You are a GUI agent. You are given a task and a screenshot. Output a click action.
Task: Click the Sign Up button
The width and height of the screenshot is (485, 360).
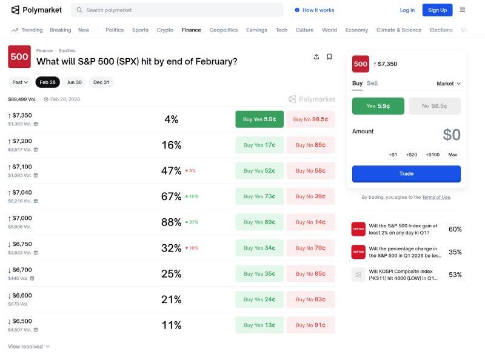tap(437, 10)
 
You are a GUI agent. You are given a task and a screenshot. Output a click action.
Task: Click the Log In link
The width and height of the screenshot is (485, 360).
tap(407, 10)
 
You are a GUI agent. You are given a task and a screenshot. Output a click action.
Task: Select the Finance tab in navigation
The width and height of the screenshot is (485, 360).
tap(191, 30)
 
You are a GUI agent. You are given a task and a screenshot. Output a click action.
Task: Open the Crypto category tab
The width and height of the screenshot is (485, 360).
tap(165, 30)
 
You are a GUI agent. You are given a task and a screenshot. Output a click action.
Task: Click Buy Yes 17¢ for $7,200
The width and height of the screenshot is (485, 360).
tap(259, 145)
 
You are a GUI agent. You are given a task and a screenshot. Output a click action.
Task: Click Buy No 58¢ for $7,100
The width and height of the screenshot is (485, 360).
tap(310, 171)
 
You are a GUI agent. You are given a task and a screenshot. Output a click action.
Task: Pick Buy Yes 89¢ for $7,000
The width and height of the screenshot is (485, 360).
tap(259, 222)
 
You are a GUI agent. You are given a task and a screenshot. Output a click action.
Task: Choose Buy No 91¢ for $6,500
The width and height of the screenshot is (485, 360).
tap(310, 325)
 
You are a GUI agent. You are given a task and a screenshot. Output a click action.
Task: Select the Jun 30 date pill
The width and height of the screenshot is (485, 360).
tap(74, 82)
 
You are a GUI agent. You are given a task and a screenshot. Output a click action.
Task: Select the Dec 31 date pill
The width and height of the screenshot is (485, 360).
tap(101, 82)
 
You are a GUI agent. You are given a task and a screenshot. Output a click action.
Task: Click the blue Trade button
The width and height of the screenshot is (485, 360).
tap(406, 173)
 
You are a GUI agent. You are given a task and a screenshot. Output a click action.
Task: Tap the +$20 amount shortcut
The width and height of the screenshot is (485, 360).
tap(412, 155)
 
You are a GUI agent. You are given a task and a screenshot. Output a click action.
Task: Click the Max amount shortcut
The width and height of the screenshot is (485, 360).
tap(452, 155)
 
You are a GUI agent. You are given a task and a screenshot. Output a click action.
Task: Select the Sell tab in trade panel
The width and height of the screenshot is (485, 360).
tap(372, 83)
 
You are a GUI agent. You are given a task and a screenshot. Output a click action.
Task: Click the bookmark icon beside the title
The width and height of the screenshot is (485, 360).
tap(329, 57)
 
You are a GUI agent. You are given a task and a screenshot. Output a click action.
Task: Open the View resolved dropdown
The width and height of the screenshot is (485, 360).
tap(28, 347)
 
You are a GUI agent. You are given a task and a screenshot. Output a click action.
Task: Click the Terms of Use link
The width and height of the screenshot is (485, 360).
tap(436, 197)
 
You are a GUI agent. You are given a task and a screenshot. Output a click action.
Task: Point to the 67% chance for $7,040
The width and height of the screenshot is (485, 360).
tap(172, 196)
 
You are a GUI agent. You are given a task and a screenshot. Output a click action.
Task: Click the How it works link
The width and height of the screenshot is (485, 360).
tap(314, 10)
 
